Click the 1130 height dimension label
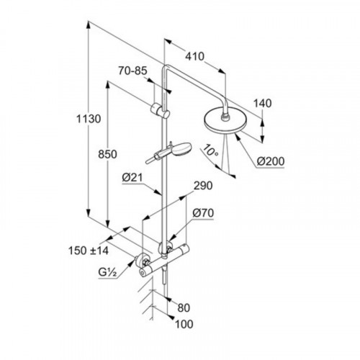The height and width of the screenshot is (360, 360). click(89, 119)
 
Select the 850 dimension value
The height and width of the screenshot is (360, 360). click(107, 154)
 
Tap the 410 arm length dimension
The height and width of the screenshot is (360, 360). click(194, 57)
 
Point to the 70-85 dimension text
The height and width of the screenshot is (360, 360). click(132, 71)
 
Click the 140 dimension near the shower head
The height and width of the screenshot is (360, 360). click(263, 104)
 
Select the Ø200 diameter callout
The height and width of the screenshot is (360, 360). click(271, 161)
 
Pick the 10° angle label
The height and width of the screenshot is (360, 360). click(210, 152)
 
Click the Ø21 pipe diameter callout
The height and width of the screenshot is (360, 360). click(132, 178)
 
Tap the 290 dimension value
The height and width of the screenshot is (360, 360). click(203, 186)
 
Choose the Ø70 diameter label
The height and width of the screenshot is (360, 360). click(203, 213)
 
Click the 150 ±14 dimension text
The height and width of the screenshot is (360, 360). click(89, 251)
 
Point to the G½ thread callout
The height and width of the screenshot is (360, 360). click(107, 272)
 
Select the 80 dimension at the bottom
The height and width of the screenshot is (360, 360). click(184, 308)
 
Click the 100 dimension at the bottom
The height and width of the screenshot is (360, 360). click(184, 324)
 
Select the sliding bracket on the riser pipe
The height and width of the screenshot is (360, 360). click(160, 111)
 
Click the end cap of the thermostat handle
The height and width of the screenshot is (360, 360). click(143, 273)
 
